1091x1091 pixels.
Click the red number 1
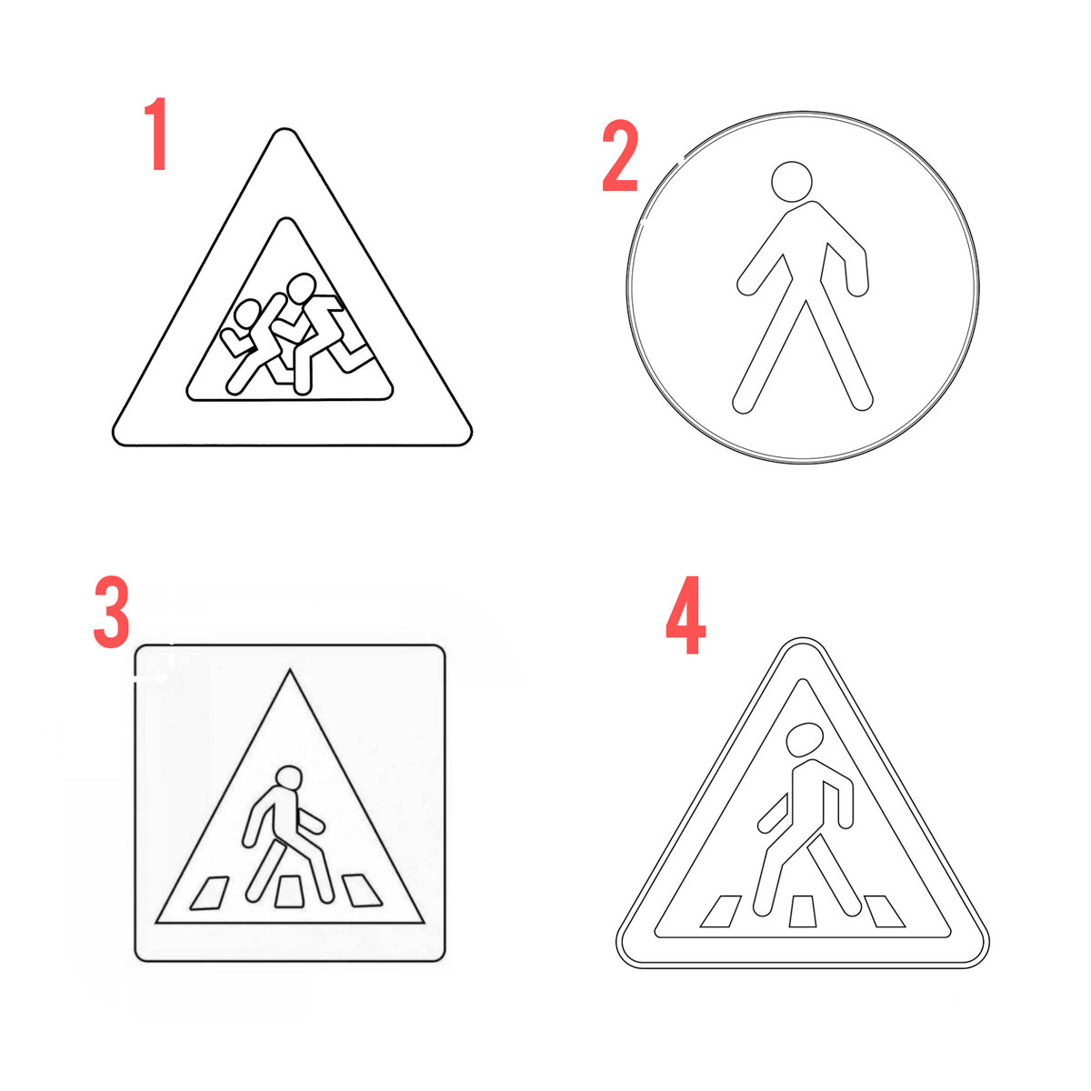point(156,134)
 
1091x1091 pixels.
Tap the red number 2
point(621,155)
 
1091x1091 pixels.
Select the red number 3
point(112,612)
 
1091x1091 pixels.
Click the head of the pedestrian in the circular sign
point(792,182)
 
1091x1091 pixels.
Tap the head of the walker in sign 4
point(805,739)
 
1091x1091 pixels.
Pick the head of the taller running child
point(301,289)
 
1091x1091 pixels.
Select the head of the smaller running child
point(247,313)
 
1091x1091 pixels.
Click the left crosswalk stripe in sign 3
point(209,893)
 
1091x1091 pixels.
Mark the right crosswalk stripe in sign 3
point(362,890)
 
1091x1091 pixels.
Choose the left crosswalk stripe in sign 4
point(721,912)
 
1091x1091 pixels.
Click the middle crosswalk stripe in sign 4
point(803,912)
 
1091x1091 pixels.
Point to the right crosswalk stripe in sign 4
point(885,912)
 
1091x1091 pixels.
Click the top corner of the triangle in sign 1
point(285,130)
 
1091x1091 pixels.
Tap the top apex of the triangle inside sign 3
point(290,670)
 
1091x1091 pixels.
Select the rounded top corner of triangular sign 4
point(803,639)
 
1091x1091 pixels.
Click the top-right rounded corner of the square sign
point(439,651)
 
